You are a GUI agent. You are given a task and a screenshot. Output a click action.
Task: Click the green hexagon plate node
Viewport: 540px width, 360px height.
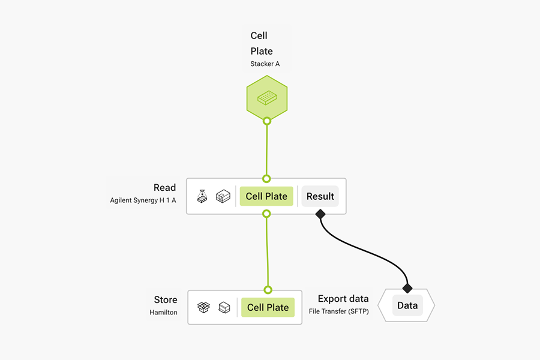266,98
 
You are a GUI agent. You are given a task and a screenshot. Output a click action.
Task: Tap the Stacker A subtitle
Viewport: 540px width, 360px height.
265,64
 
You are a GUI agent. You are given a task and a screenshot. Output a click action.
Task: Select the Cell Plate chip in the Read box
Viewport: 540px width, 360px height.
266,196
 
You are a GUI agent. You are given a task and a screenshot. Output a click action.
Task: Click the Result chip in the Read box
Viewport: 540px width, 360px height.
320,196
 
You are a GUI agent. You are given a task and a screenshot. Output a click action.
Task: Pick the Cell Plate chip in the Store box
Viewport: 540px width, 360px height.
268,307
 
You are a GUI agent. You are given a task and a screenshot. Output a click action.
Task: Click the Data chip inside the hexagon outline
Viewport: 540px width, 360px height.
407,305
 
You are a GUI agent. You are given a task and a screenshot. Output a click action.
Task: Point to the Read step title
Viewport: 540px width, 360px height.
164,188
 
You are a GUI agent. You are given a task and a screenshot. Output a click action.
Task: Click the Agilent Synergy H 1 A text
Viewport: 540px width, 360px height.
143,200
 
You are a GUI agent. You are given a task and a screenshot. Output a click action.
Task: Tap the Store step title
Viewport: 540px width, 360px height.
166,300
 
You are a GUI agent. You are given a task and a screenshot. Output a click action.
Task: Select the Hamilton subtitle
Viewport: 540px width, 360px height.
163,313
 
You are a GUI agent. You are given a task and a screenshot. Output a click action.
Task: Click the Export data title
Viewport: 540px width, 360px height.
343,299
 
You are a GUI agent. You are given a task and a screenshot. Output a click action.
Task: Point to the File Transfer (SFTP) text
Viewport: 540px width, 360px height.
338,311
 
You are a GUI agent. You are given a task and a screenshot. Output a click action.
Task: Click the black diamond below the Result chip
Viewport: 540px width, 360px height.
320,214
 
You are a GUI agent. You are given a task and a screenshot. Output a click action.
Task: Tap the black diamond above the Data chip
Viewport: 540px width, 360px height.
407,289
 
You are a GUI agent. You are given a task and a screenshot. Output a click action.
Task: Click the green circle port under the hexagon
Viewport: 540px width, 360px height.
267,121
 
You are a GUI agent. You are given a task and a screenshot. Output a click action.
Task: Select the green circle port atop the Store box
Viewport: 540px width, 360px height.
268,290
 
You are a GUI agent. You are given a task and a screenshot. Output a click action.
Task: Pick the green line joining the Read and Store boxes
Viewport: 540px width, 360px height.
267,252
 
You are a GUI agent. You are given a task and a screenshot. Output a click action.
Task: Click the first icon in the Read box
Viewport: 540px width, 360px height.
203,196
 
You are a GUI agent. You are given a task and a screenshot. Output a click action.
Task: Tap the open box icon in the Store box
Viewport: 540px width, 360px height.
203,307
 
